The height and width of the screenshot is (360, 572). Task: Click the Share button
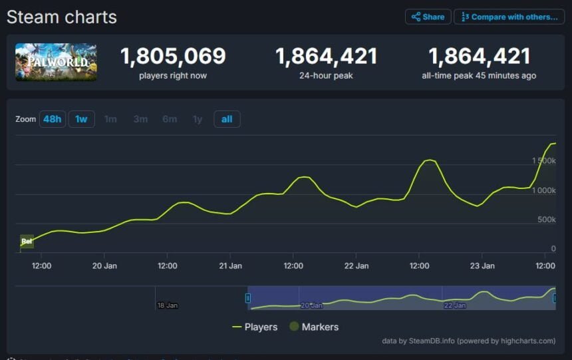tap(428, 17)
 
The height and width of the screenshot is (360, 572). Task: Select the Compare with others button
tap(509, 17)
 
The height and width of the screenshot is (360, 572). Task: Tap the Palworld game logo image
tap(56, 63)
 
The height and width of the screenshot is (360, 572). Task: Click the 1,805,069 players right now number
tap(173, 57)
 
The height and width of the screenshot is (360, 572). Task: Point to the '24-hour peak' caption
tap(326, 76)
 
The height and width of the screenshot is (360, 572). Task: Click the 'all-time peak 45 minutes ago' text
tap(479, 76)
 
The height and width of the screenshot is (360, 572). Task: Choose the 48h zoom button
tap(52, 119)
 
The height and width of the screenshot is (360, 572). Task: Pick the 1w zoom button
tap(81, 119)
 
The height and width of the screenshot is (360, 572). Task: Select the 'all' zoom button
tap(227, 119)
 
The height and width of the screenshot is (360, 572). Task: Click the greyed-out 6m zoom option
tap(170, 119)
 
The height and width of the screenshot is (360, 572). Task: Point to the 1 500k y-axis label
tap(543, 161)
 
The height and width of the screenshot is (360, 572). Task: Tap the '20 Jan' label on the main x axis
tap(104, 266)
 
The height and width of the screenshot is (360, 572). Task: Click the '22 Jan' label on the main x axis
tap(357, 266)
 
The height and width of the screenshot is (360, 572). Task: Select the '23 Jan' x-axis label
tap(482, 266)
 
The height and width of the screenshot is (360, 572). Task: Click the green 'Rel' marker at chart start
tap(27, 241)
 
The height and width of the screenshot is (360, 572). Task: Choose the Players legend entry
tap(255, 327)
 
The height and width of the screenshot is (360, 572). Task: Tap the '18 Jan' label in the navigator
tap(168, 305)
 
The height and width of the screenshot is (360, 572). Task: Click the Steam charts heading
tap(62, 17)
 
